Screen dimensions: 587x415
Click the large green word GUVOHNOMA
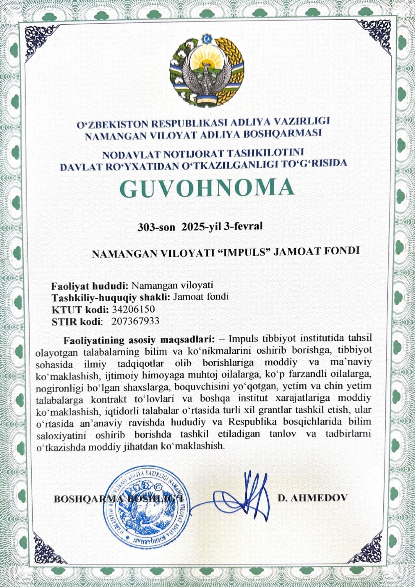click(207, 188)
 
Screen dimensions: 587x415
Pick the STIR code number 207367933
click(135, 321)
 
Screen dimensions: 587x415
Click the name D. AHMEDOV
click(313, 497)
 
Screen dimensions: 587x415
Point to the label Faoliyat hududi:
click(90, 286)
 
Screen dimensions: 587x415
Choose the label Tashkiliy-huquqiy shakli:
click(111, 297)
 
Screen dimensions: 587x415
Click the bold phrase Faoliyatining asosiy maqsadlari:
click(139, 340)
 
